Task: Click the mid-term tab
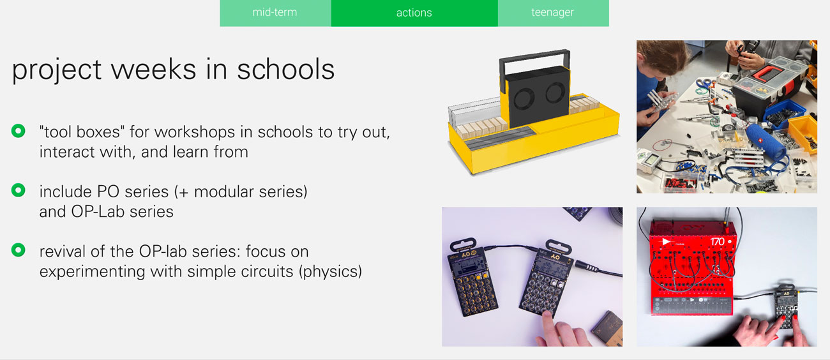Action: coord(275,13)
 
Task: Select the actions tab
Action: coord(414,13)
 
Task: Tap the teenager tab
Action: coord(553,13)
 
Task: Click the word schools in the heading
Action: coord(285,70)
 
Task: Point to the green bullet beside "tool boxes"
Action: coord(18,131)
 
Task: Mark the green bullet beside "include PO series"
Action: coord(18,190)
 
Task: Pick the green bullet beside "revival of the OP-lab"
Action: coord(18,250)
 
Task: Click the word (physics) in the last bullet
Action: coord(331,272)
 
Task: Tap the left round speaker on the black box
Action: coord(524,98)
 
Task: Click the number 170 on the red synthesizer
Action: coord(717,242)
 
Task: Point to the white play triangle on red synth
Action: coord(666,242)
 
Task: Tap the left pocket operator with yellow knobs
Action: coord(473,278)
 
